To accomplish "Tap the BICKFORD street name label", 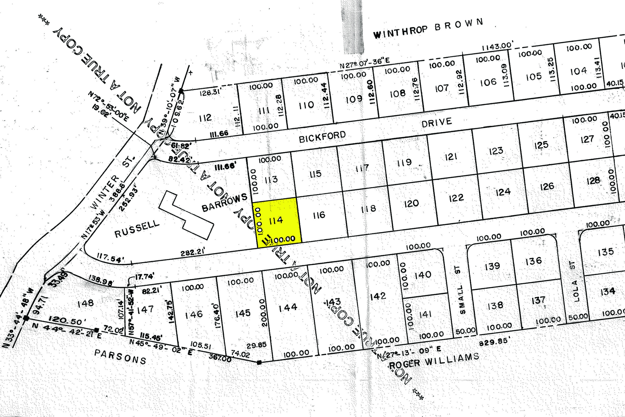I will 322,137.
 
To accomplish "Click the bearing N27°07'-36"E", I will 365,63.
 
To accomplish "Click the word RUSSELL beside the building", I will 137,229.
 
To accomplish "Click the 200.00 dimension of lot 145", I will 263,313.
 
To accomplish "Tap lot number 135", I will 606,252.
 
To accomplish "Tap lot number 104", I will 578,71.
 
